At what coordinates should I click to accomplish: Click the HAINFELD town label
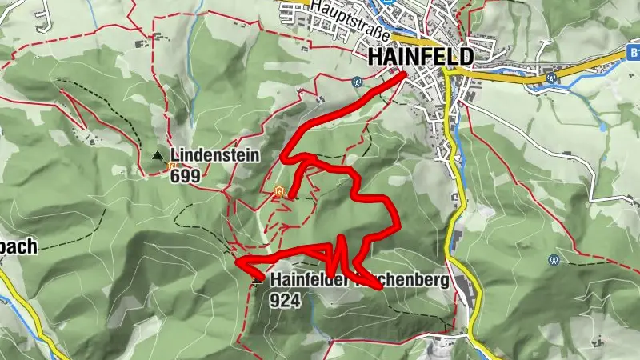(x=421, y=58)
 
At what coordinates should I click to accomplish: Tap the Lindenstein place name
(x=214, y=155)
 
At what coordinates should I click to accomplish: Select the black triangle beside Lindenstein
(x=158, y=156)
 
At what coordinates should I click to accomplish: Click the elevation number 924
(x=285, y=301)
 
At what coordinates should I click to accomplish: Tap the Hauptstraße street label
(x=353, y=22)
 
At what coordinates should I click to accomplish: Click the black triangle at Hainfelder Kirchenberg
(x=258, y=282)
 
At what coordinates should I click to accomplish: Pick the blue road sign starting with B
(x=632, y=53)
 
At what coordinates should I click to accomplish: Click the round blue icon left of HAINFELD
(x=357, y=80)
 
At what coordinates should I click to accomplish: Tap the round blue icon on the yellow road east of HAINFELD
(x=550, y=78)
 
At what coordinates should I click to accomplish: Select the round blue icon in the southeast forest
(x=554, y=259)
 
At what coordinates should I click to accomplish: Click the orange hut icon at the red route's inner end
(x=279, y=191)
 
